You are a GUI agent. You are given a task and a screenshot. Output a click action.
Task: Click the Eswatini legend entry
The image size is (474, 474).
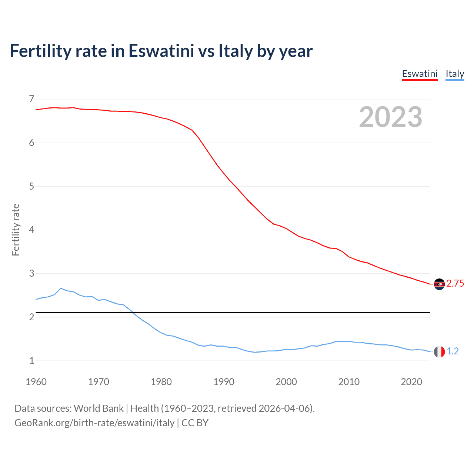[x=420, y=74]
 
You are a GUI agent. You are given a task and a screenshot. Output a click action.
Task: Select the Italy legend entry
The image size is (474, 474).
[x=455, y=74]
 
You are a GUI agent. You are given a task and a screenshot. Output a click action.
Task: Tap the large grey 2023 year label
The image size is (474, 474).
[x=390, y=117]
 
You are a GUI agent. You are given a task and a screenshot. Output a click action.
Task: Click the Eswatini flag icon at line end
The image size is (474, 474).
[x=439, y=284]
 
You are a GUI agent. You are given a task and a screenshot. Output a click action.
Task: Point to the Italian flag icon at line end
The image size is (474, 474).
[x=439, y=351]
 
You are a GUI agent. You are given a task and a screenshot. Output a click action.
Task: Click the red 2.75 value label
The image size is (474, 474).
[x=455, y=284]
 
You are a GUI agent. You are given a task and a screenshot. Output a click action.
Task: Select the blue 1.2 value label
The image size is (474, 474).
[x=453, y=351]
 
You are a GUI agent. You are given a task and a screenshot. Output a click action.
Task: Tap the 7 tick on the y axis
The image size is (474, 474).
[x=31, y=99]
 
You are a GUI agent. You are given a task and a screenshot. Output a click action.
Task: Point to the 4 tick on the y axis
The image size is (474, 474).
[x=31, y=230]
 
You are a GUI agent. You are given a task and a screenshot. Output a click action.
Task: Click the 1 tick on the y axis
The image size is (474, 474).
[x=31, y=361]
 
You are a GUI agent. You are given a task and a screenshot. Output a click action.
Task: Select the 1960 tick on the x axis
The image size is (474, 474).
[x=36, y=382]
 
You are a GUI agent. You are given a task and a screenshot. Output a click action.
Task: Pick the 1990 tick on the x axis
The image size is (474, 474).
[x=224, y=382]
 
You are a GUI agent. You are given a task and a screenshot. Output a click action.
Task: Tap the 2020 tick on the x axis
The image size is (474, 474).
[x=411, y=382]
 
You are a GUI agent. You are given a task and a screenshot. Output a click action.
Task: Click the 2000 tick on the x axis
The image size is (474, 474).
[x=286, y=382]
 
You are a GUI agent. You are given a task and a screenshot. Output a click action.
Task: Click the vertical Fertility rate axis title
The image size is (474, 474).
[x=16, y=230]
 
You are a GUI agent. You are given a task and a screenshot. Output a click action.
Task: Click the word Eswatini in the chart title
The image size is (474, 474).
[x=161, y=51]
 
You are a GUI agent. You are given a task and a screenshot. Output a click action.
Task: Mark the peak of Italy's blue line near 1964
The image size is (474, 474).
[x=61, y=288]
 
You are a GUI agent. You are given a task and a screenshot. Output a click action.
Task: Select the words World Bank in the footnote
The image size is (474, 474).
[x=99, y=408]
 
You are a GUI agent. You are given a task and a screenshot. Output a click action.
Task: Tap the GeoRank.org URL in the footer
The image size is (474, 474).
[x=94, y=423]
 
